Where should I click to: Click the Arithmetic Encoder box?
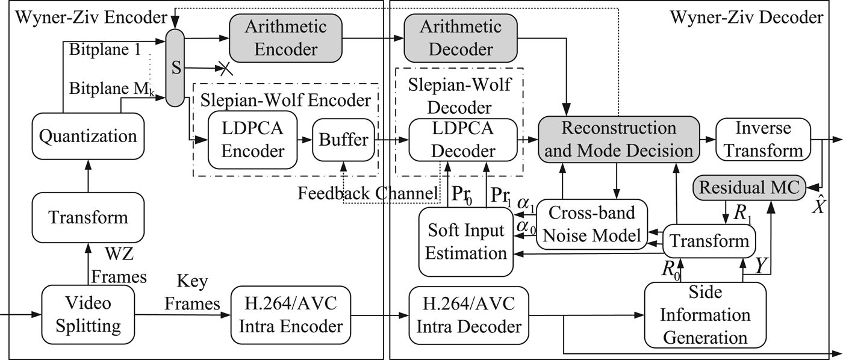tap(285, 37)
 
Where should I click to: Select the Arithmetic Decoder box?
tap(461, 37)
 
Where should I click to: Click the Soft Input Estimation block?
tap(466, 242)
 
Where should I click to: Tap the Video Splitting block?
tap(88, 316)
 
